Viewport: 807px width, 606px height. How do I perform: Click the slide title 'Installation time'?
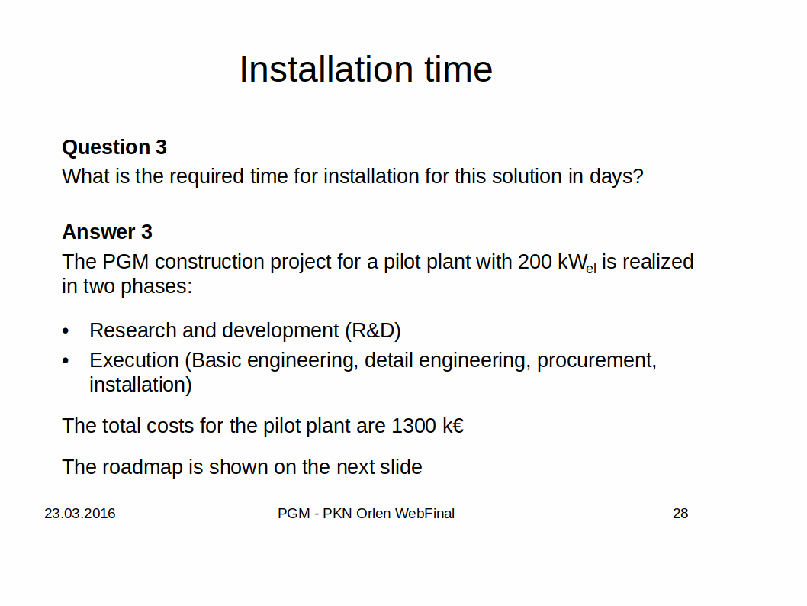(x=366, y=69)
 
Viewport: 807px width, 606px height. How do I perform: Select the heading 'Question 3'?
(x=114, y=147)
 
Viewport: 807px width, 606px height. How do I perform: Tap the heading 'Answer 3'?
(x=107, y=232)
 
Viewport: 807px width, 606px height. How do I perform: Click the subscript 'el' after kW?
(x=591, y=268)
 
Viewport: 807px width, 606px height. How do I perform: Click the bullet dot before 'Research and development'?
(x=66, y=331)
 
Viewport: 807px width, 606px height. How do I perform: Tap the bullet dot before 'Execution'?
(x=66, y=362)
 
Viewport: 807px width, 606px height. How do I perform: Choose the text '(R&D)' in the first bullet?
(x=373, y=330)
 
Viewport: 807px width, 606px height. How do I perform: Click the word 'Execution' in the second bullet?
(x=133, y=360)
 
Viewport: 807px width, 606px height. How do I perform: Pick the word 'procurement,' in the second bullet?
(x=597, y=361)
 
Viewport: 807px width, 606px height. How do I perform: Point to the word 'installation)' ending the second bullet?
(x=140, y=385)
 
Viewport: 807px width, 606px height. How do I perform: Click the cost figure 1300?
(x=413, y=427)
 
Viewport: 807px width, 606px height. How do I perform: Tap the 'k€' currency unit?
(x=453, y=427)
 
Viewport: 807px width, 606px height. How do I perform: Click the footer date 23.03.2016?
(x=80, y=514)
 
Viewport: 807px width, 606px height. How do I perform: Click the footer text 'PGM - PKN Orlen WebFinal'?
(x=366, y=514)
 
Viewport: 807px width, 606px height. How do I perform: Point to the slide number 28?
(x=680, y=514)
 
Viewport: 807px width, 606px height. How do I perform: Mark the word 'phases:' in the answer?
(x=156, y=287)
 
